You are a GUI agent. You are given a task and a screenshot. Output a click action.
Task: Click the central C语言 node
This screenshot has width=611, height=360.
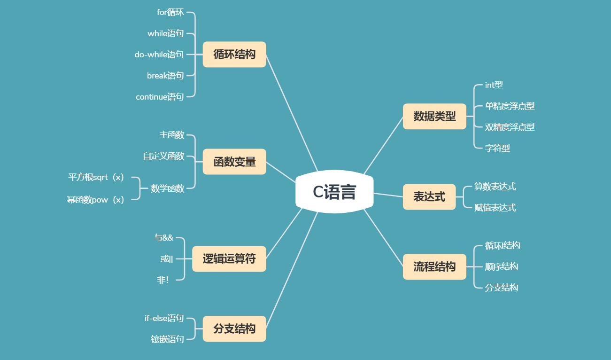point(334,192)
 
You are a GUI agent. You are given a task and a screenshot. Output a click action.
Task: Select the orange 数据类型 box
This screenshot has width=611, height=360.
point(434,117)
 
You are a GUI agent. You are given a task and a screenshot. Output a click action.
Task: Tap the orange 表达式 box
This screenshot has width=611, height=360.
point(429,196)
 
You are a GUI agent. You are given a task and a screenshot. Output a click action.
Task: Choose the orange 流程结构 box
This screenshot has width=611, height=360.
point(434,267)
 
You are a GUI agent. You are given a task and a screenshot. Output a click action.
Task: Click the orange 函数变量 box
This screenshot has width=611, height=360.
point(234,162)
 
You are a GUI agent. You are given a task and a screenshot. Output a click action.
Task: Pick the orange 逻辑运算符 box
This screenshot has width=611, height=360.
point(229,258)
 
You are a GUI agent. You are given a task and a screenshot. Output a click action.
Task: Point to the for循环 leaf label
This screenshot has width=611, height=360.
point(170,12)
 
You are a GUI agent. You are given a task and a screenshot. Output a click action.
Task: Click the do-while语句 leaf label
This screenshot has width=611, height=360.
point(159,55)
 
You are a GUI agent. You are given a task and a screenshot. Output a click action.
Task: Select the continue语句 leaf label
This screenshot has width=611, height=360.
point(160,97)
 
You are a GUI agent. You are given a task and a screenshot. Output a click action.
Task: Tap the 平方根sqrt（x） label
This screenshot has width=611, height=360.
point(96,177)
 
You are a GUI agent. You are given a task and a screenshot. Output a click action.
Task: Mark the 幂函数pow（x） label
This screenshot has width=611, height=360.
point(96,200)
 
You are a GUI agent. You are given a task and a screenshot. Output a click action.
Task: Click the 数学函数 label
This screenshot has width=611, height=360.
point(167,189)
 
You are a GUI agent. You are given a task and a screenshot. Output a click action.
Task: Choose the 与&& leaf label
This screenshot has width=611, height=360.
point(163,238)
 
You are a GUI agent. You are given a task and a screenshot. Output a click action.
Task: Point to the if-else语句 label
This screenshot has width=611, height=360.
point(164,318)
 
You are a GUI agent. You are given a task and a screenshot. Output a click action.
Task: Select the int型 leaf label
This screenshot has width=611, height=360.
point(494,85)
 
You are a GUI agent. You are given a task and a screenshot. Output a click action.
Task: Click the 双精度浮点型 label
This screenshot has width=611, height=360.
point(510,127)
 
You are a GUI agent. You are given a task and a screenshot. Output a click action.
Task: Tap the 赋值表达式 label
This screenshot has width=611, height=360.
point(495,207)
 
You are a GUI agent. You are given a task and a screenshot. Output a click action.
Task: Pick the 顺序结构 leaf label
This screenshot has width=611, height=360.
point(501,266)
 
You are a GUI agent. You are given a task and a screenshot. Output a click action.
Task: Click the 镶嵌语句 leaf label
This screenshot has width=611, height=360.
point(167,339)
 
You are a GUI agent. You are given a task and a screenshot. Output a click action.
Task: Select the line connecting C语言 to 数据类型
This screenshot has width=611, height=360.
point(383,146)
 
